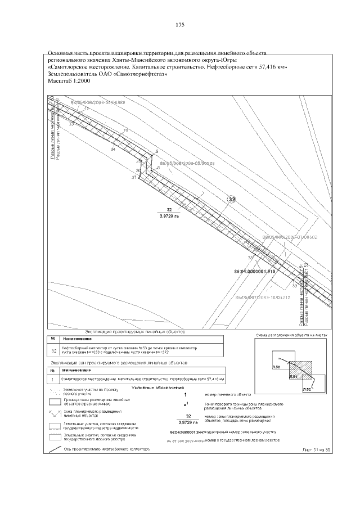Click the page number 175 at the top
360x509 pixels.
click(x=180, y=25)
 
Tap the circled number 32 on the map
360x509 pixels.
click(x=231, y=199)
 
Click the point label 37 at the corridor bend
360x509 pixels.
click(x=134, y=177)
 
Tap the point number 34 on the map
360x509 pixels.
click(x=113, y=150)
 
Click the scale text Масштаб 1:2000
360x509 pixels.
click(x=70, y=80)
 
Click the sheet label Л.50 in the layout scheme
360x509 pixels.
click(x=276, y=367)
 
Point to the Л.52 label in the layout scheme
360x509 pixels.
click(x=307, y=389)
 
